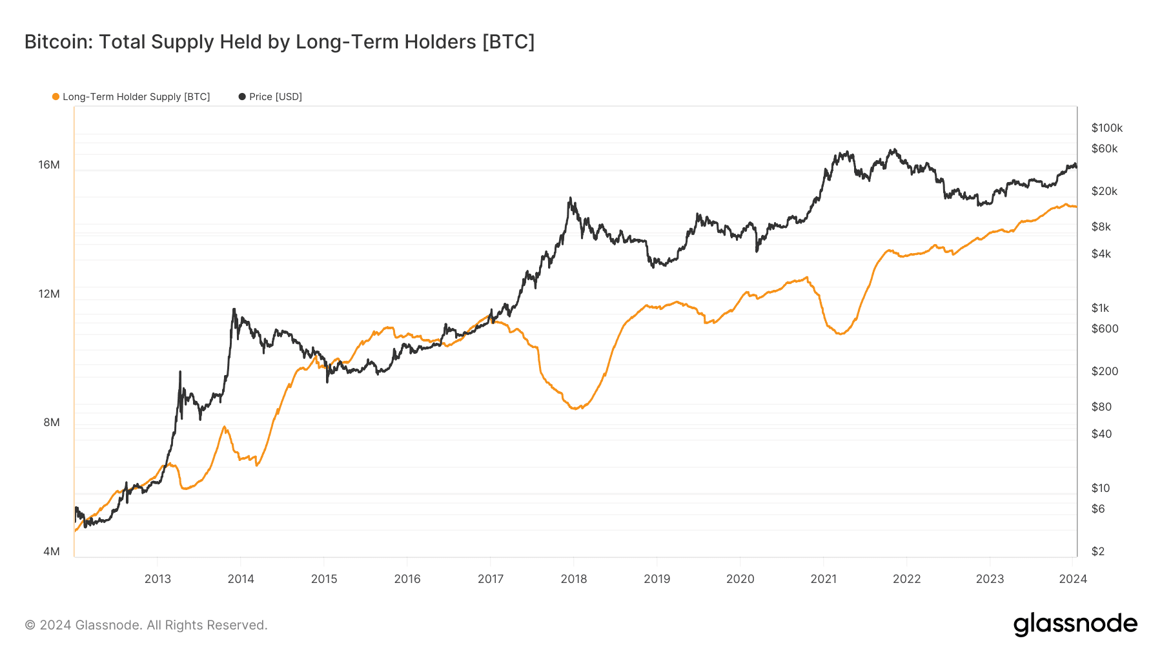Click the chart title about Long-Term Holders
pyautogui.click(x=280, y=42)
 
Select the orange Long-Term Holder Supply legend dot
pyautogui.click(x=56, y=97)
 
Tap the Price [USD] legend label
pyautogui.click(x=276, y=97)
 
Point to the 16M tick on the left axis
pyautogui.click(x=49, y=165)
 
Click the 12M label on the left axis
pyautogui.click(x=49, y=294)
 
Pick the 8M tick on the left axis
pyautogui.click(x=52, y=422)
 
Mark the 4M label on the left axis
pyautogui.click(x=52, y=551)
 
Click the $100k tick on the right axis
pyautogui.click(x=1107, y=128)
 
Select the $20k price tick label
pyautogui.click(x=1105, y=191)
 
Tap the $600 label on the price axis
pyautogui.click(x=1105, y=329)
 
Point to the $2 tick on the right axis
pyautogui.click(x=1098, y=551)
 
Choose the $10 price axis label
pyautogui.click(x=1101, y=488)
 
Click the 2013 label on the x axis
pyautogui.click(x=158, y=579)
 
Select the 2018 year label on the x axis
pyautogui.click(x=574, y=579)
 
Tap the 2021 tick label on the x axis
pyautogui.click(x=824, y=579)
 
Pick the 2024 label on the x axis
pyautogui.click(x=1073, y=579)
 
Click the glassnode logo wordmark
pyautogui.click(x=1075, y=624)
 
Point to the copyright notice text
pyautogui.click(x=146, y=625)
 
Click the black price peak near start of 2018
pyautogui.click(x=570, y=198)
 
